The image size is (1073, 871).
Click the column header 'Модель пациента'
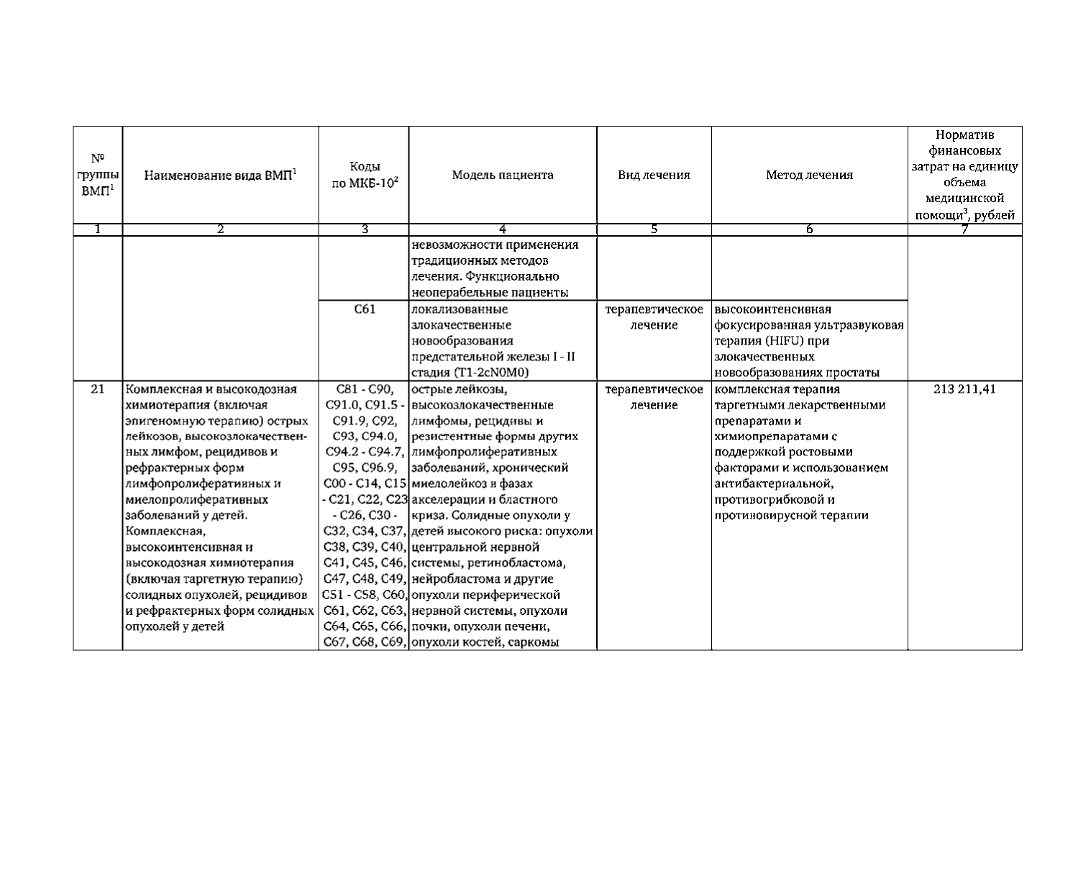click(x=503, y=175)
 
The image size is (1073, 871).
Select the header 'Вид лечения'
click(x=654, y=175)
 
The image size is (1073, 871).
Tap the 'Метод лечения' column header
click(x=809, y=175)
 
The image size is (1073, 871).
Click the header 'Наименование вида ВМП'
click(x=220, y=175)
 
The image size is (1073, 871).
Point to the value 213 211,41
click(x=964, y=389)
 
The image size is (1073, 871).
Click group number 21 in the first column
click(x=98, y=389)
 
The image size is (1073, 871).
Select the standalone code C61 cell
click(x=365, y=309)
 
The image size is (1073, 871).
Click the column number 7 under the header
click(x=964, y=229)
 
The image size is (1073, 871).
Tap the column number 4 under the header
click(x=503, y=229)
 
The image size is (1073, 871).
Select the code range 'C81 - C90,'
click(x=365, y=389)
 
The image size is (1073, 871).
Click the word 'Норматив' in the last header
click(x=964, y=135)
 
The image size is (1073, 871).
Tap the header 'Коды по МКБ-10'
click(x=365, y=175)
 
